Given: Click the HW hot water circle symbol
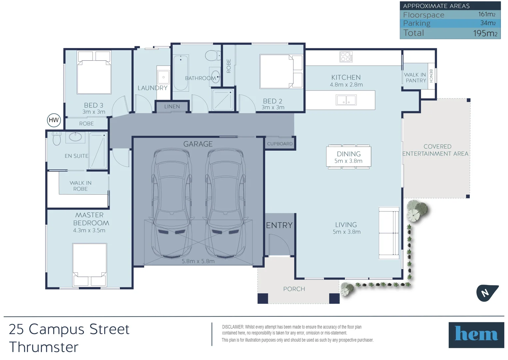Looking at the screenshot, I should coord(54,120).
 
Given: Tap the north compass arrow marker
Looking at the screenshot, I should coord(486,293).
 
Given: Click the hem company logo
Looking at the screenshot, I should coord(476,335).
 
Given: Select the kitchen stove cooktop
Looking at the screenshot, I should coord(346,57).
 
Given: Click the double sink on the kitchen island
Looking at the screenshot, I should coord(346,100).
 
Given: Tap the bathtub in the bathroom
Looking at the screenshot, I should coord(181,73).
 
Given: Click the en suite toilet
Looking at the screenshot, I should coord(57,138).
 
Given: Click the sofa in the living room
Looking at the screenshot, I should coord(389,233).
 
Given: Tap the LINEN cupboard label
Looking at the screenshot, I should coord(172,107).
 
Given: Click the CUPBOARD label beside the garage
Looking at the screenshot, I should coord(280,144).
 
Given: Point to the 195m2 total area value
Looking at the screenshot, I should coord(485,33).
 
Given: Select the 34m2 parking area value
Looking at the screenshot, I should coord(488,23).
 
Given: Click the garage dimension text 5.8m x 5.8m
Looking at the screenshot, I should coord(198,261).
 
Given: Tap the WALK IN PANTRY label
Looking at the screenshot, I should coord(415,78).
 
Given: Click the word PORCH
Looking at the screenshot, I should coord(294,289).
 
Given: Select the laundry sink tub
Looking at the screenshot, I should coord(163,77).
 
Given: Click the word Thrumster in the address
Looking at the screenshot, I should coord(44,347).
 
